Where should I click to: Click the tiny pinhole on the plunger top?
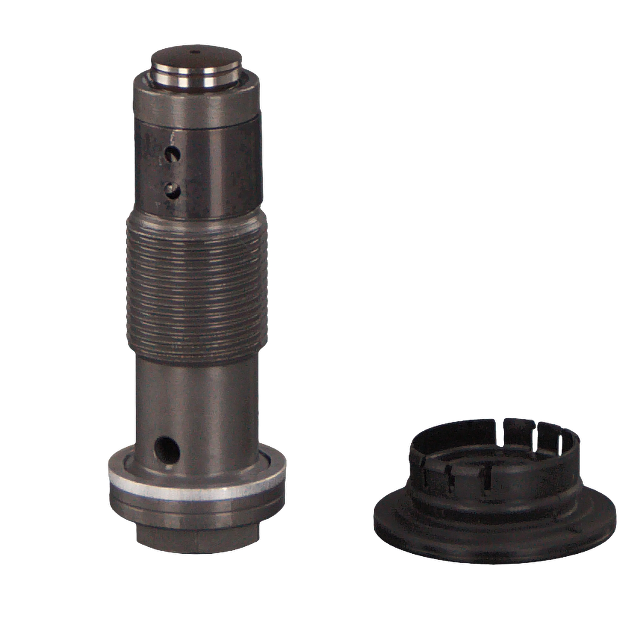[195, 52]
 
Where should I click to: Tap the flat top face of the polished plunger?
[196, 58]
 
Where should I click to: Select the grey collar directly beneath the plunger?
[196, 102]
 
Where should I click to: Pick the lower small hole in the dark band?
[172, 191]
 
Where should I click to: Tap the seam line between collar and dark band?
[196, 125]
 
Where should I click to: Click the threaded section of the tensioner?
[196, 287]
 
